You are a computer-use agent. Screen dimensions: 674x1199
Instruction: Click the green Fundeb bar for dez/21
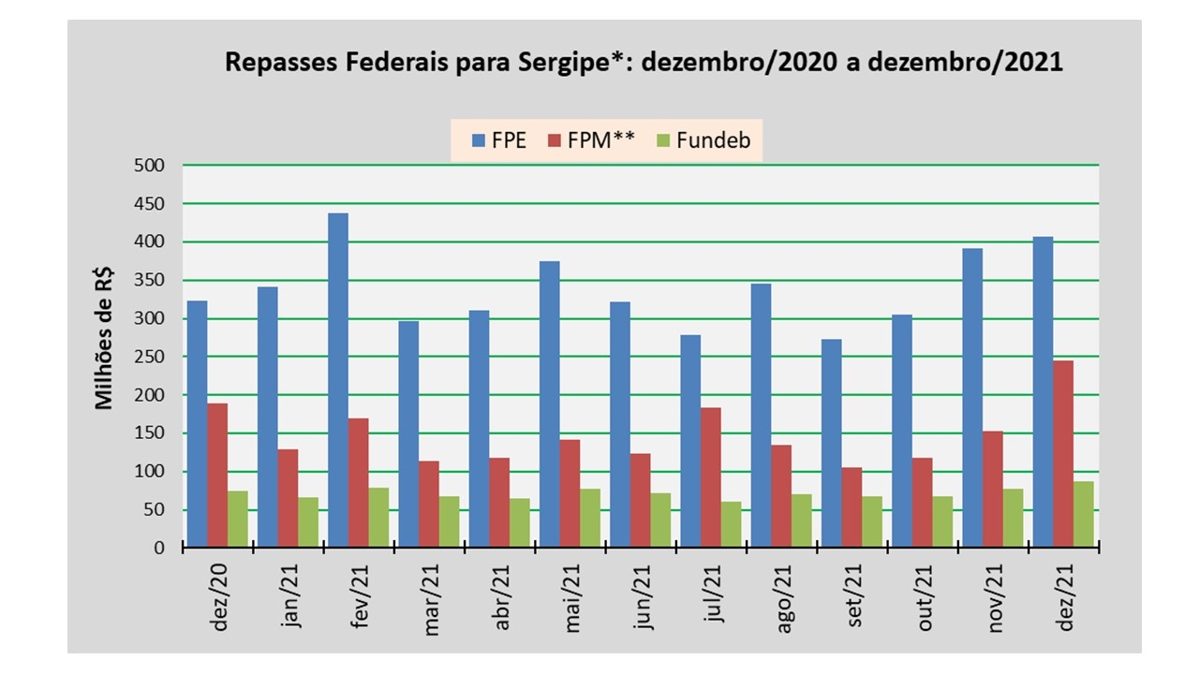tap(1083, 514)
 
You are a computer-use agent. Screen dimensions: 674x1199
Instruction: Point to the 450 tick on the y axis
tap(151, 204)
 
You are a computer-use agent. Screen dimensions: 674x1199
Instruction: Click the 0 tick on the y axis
tap(159, 548)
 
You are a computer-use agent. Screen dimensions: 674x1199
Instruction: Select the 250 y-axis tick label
tap(151, 357)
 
